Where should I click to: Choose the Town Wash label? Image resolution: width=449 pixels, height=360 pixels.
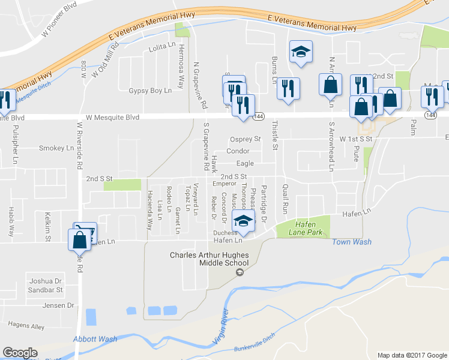point(352,242)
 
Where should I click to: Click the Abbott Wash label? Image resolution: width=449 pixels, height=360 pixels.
point(95,339)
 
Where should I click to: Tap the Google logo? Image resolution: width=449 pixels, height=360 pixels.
point(20,353)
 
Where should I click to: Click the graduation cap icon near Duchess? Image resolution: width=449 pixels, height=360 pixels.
point(243,222)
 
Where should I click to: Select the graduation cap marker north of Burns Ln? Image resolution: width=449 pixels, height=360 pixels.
point(301,52)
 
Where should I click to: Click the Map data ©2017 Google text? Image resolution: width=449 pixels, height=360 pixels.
point(412,355)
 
